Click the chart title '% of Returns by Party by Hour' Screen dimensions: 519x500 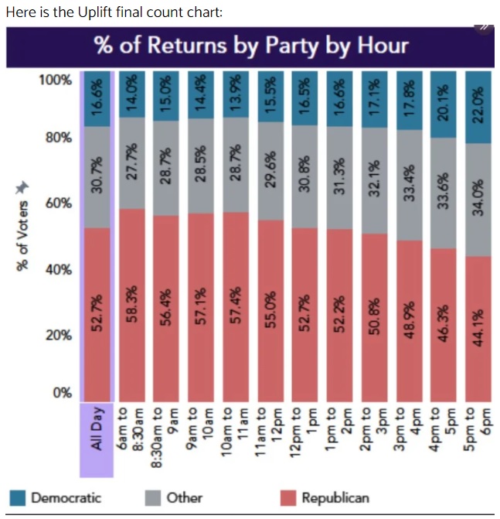click(251, 45)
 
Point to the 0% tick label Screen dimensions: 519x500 click(62, 392)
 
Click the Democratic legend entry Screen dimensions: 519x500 click(56, 497)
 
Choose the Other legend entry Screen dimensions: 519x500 click(175, 497)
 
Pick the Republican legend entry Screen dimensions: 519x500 click(325, 497)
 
